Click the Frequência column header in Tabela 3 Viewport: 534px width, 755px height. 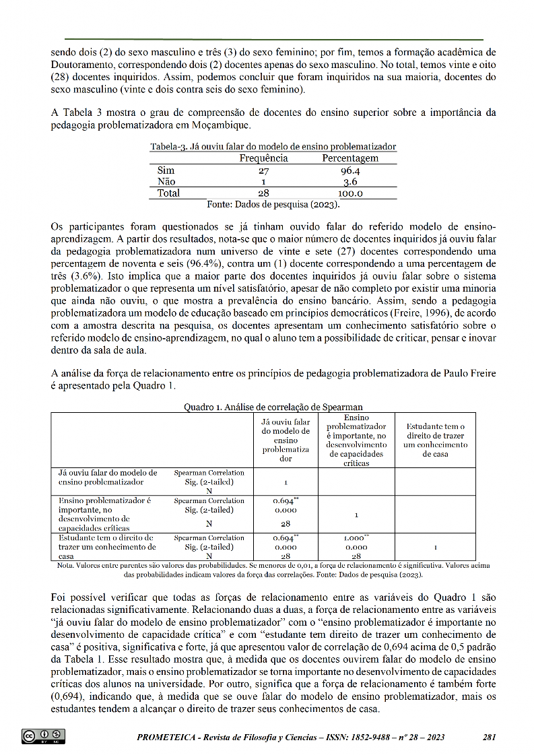tap(263, 158)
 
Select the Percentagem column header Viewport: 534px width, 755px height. tap(350, 158)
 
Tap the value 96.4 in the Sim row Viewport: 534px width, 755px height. tap(350, 170)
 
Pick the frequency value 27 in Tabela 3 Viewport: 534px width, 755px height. tap(263, 170)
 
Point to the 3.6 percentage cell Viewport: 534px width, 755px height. tap(350, 182)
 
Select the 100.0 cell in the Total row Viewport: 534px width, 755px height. tap(350, 193)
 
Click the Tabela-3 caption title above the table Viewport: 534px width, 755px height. tap(273, 146)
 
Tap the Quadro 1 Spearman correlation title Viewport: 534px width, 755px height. tap(273, 406)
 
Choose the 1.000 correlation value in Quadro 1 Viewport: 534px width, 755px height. tap(355, 537)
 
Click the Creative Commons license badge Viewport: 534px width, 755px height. tap(44, 735)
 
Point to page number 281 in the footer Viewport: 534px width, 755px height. tap(490, 737)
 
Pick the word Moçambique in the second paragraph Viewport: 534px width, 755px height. tap(207, 125)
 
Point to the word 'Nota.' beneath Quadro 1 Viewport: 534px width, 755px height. tap(67, 566)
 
